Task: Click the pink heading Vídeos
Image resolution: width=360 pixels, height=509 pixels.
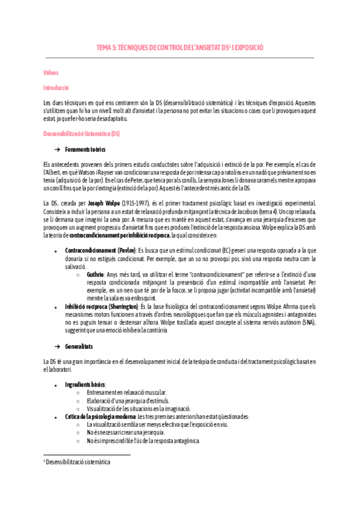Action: pos(51,73)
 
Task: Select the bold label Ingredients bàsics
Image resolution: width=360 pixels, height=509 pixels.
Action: pos(85,384)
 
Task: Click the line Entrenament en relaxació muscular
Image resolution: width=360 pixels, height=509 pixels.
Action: pos(121,393)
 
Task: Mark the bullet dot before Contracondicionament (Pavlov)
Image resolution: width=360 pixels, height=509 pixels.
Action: pos(55,250)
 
